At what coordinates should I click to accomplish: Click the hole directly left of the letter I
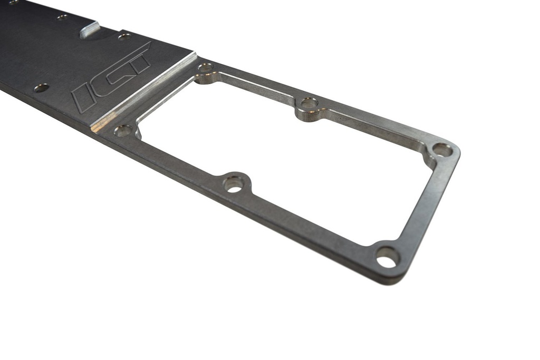tap(41, 87)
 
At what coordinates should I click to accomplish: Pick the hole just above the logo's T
tap(124, 36)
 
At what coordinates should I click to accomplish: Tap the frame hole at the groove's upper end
tap(205, 67)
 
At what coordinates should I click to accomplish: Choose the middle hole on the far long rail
tap(309, 103)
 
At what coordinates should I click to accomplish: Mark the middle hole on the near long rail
tap(233, 183)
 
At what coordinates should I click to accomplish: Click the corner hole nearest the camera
tap(387, 257)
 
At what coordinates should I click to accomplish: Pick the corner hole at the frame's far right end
tap(442, 150)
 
